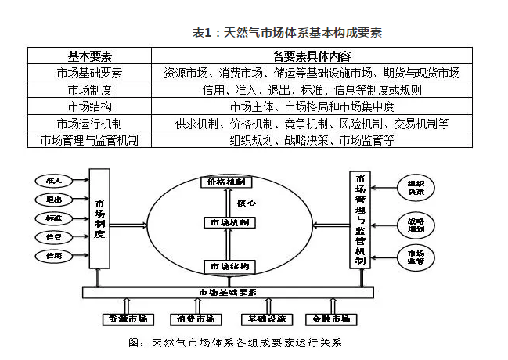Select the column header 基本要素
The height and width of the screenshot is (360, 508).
coord(89,56)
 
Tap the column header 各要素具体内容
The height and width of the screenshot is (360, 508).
coord(312,56)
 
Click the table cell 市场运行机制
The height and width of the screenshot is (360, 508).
coord(89,123)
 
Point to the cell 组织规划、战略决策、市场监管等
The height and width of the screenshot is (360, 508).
coord(312,140)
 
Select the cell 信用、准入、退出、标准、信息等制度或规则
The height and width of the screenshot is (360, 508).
coord(312,90)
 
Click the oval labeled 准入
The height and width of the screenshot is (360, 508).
coord(54,181)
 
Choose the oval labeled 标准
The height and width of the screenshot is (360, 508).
coord(54,218)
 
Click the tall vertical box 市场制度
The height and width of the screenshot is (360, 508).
coord(99,218)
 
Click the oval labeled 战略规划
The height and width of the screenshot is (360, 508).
coord(415,224)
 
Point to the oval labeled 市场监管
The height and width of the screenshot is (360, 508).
coord(415,257)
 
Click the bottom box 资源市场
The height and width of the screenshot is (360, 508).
coord(126,319)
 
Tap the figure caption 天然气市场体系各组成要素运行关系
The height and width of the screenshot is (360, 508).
coord(235,343)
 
